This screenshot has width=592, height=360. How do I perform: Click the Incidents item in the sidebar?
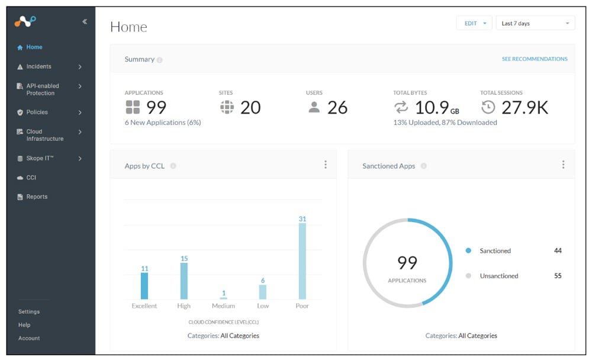(x=38, y=67)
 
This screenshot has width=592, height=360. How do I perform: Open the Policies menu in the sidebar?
(x=37, y=112)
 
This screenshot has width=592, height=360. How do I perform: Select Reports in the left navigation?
(x=37, y=197)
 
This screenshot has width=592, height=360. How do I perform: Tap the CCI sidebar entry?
(x=31, y=178)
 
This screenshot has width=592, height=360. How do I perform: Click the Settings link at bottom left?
(x=29, y=311)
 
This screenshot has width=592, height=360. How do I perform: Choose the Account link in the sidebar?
(x=29, y=338)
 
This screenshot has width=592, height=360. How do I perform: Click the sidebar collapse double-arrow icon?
(x=85, y=21)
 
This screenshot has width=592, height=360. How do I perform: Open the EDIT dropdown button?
(x=474, y=23)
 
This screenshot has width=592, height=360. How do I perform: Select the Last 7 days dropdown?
(x=535, y=23)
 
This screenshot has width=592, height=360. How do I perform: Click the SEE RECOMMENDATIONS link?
(x=534, y=59)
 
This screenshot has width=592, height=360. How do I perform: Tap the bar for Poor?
(x=303, y=261)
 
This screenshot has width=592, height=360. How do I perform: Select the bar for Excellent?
(x=144, y=286)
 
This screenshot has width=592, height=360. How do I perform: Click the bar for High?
(x=184, y=281)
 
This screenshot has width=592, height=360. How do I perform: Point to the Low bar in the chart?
(x=263, y=292)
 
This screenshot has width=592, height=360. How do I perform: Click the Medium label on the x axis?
(x=223, y=306)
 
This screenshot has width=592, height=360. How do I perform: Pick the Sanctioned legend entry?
(x=495, y=251)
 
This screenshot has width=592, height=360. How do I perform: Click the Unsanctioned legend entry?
(x=498, y=276)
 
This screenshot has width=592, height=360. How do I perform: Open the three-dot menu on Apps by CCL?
(x=325, y=165)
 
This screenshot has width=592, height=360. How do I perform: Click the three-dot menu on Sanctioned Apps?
(x=563, y=165)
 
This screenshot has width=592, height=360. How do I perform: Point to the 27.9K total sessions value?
(x=525, y=108)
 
